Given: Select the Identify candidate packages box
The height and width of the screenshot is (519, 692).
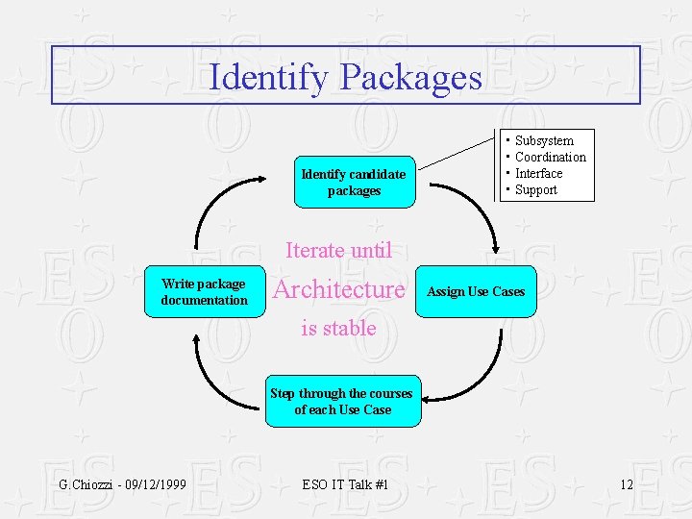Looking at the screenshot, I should (355, 182).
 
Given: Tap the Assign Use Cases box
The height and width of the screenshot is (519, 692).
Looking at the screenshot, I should (476, 291).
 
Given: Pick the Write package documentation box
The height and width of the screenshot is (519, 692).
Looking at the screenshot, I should (204, 291).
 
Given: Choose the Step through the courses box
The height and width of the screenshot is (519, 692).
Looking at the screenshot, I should (342, 401).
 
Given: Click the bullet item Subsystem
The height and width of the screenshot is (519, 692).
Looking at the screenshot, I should (544, 140).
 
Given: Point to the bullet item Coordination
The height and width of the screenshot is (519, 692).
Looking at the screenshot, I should (550, 157).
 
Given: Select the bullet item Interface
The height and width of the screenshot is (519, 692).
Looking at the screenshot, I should (538, 173).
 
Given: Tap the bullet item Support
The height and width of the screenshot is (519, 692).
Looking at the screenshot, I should (535, 189).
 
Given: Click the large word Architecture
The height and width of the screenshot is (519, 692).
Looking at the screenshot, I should (339, 289).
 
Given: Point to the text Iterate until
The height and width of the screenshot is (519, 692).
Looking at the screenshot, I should (338, 251).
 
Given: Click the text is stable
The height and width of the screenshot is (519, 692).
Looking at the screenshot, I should (338, 328).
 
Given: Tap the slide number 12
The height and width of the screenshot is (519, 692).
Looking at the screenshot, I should (626, 483).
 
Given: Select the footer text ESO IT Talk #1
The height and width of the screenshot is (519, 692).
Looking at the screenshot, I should (345, 483).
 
